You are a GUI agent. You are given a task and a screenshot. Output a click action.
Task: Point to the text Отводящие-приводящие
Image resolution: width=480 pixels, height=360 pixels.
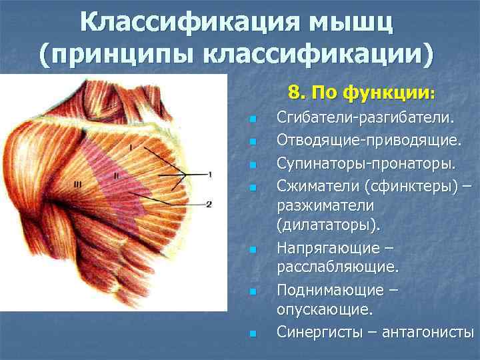367,141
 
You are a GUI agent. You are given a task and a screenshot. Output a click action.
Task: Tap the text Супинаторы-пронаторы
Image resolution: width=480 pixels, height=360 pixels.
366,163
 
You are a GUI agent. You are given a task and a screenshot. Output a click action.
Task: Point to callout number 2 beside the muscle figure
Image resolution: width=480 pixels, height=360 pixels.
209,204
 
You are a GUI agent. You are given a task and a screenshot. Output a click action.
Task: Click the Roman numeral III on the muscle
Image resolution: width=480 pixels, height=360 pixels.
77,186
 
